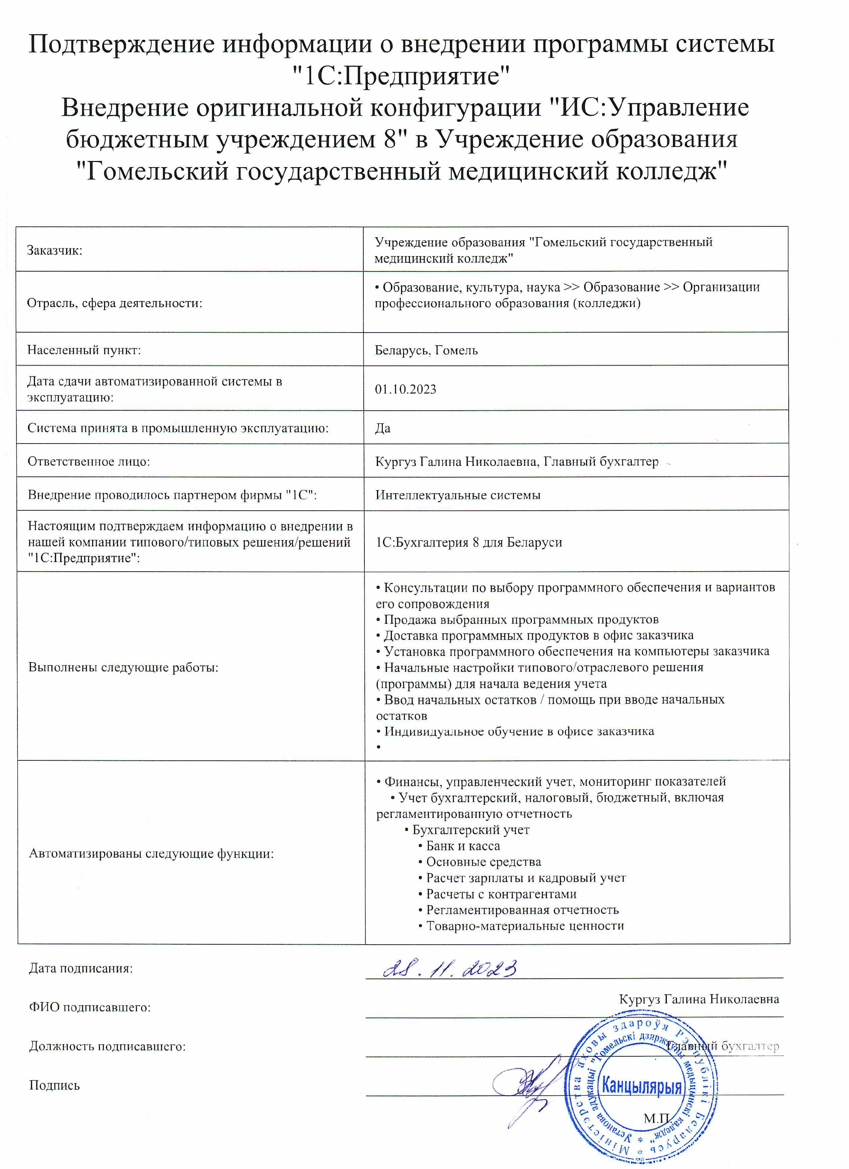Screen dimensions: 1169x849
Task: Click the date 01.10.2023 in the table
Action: (x=405, y=389)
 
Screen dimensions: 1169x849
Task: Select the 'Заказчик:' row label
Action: (x=55, y=250)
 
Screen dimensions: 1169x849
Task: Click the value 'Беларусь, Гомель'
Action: (x=426, y=350)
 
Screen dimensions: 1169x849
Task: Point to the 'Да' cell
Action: (x=383, y=428)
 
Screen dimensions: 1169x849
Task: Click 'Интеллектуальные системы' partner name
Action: (x=458, y=495)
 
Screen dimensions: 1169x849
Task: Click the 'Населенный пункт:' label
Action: (x=84, y=350)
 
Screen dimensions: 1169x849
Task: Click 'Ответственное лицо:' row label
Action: (x=89, y=461)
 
